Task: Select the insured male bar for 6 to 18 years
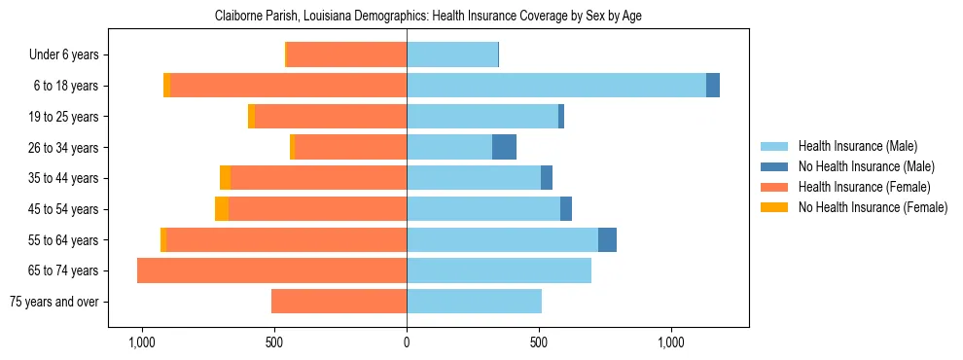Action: [556, 86]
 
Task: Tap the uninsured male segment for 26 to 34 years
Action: [504, 147]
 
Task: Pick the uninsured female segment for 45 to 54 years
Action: [222, 208]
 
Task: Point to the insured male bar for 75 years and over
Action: [474, 302]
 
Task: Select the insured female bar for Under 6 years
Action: [346, 54]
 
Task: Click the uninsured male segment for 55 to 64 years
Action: [607, 239]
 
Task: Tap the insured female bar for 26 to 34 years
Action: [350, 147]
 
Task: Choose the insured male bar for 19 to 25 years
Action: [482, 117]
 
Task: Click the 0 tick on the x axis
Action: [407, 343]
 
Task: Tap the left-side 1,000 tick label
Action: [142, 343]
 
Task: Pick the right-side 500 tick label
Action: [539, 343]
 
